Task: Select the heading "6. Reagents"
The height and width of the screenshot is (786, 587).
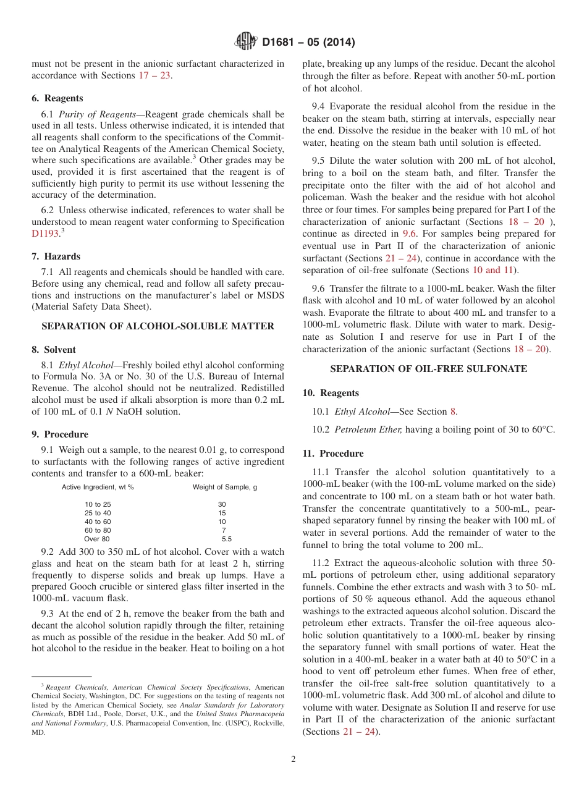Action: (57, 98)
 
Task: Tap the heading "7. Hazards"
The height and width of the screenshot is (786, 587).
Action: (56, 256)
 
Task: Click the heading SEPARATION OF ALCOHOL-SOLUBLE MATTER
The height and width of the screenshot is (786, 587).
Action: (158, 326)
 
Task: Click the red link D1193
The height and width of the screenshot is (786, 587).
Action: (45, 234)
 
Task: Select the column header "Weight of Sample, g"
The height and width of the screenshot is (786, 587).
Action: (225, 487)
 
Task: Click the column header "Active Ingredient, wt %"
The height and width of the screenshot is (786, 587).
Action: (98, 487)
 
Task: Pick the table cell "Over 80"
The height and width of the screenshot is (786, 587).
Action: (96, 539)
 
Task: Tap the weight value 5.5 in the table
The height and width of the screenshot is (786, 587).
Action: (226, 539)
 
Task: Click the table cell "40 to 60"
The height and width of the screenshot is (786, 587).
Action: (98, 522)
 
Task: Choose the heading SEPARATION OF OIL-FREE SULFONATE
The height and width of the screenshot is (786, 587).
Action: (428, 369)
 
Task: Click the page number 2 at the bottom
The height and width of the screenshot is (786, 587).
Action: (293, 759)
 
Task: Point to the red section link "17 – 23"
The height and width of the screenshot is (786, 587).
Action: (153, 75)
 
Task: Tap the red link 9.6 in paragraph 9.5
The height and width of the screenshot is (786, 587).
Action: (410, 234)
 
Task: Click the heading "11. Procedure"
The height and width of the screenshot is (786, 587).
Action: (333, 454)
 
